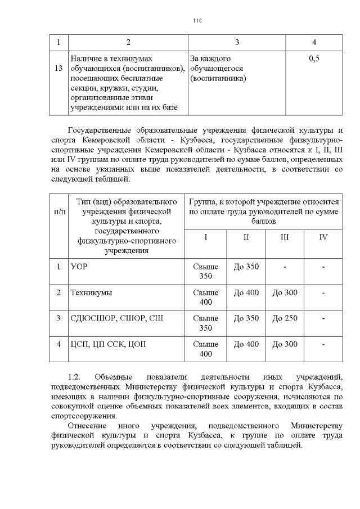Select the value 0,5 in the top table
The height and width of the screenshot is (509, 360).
coord(314,58)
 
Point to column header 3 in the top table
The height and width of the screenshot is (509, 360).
coord(237,43)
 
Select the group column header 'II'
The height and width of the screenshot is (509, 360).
coord(246,237)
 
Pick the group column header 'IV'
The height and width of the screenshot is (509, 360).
coord(323,237)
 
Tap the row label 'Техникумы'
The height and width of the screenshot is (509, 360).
coord(91,292)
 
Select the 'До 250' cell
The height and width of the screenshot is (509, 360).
coord(285,318)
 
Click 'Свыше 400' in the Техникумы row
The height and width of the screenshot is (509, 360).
coord(205,298)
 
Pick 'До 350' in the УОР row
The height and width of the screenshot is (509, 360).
coord(246,267)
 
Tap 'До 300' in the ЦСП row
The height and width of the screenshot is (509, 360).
coord(285,344)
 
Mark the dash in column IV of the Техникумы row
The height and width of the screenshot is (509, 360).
coord(323,292)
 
